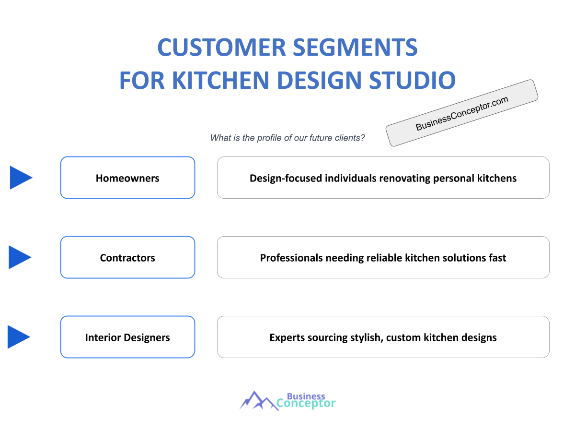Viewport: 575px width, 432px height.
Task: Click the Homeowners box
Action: [x=127, y=178]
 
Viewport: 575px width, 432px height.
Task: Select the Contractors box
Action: [x=127, y=257]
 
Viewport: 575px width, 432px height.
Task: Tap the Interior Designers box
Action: [x=127, y=337]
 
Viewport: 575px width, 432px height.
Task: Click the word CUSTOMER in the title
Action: [x=220, y=48]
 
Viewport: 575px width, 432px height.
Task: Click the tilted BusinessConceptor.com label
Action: [x=462, y=113]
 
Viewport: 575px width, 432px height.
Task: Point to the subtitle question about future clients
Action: [x=287, y=138]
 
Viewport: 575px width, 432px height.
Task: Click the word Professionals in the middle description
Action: [x=291, y=258]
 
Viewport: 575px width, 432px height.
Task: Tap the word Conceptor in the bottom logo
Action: [x=307, y=404]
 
